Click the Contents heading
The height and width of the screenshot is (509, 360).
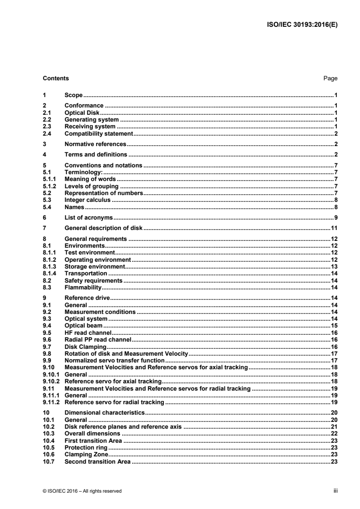56,78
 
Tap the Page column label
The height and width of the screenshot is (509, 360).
330,78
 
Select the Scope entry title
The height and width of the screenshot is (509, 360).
74,96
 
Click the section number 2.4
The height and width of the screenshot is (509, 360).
46,133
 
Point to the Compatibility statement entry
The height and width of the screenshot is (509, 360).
98,133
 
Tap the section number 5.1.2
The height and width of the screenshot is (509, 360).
49,186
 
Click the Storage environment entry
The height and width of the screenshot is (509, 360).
94,268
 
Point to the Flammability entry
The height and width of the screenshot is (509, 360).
83,288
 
